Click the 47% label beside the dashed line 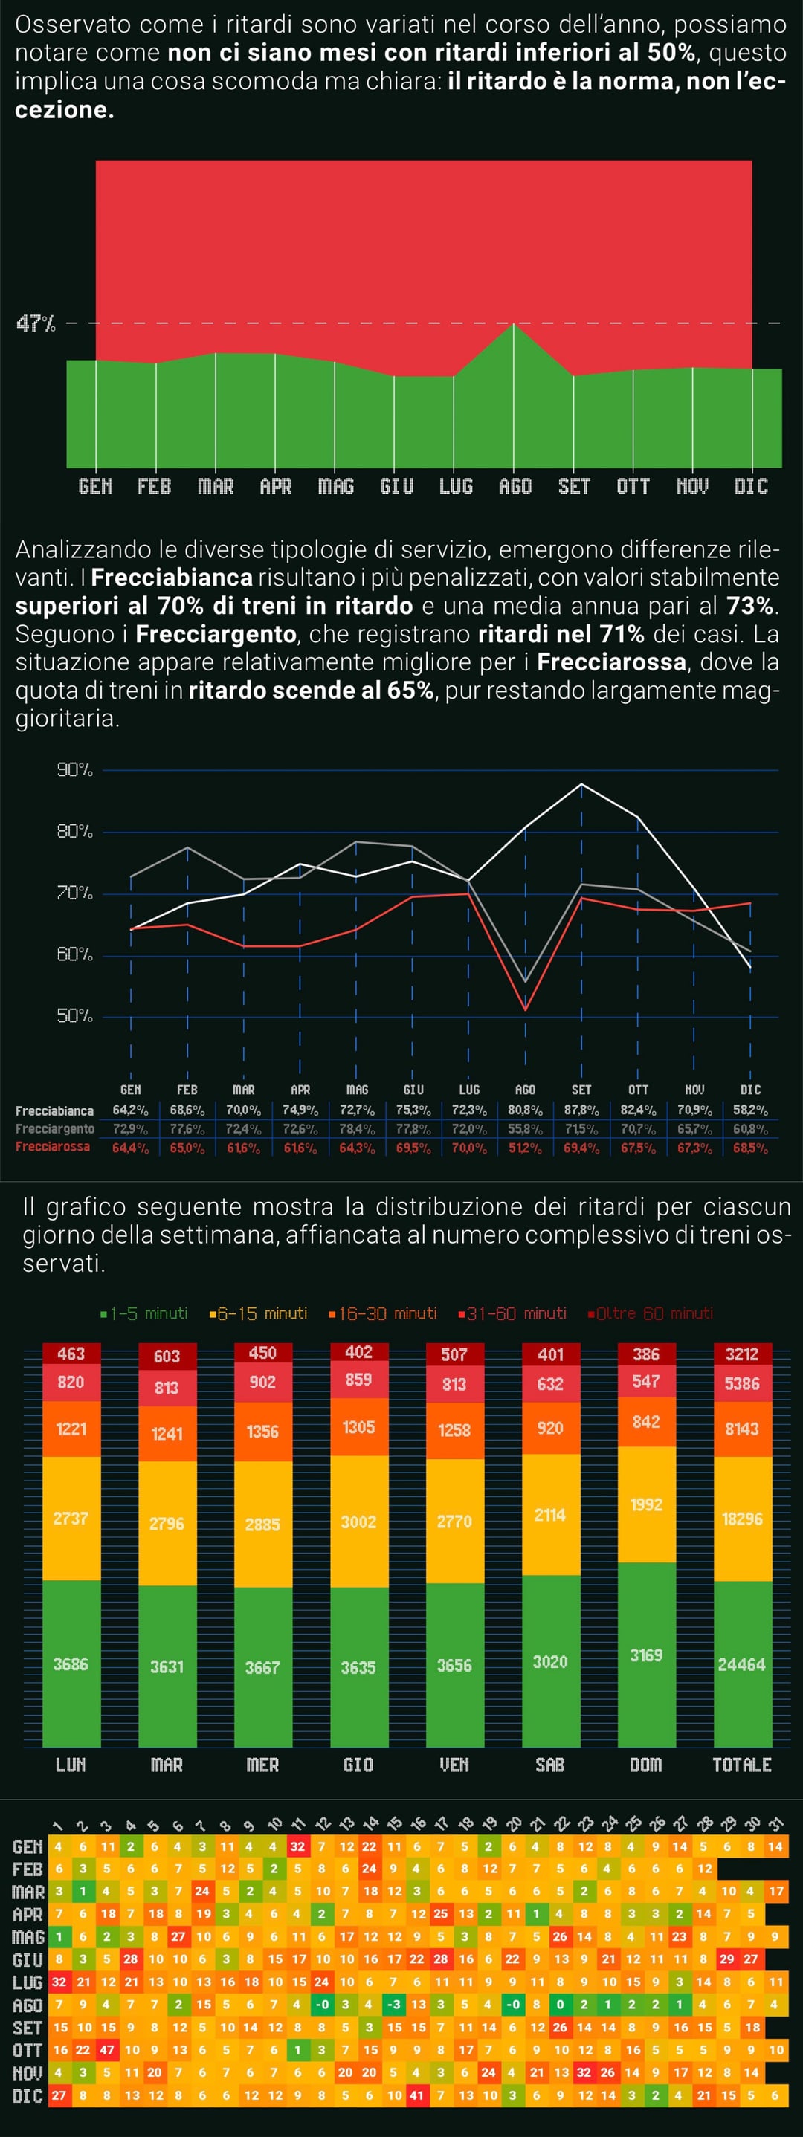36,323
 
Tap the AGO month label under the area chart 515,486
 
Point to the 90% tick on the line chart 74,770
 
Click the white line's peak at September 581,784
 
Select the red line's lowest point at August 525,1009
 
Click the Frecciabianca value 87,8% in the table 581,1110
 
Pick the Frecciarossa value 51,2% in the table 525,1148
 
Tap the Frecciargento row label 55,1129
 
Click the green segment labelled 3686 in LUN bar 71,1664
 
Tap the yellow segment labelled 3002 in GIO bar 358,1522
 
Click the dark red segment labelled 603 167,1356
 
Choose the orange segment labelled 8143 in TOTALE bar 741,1429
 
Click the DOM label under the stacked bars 646,1765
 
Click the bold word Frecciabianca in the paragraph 172,578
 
